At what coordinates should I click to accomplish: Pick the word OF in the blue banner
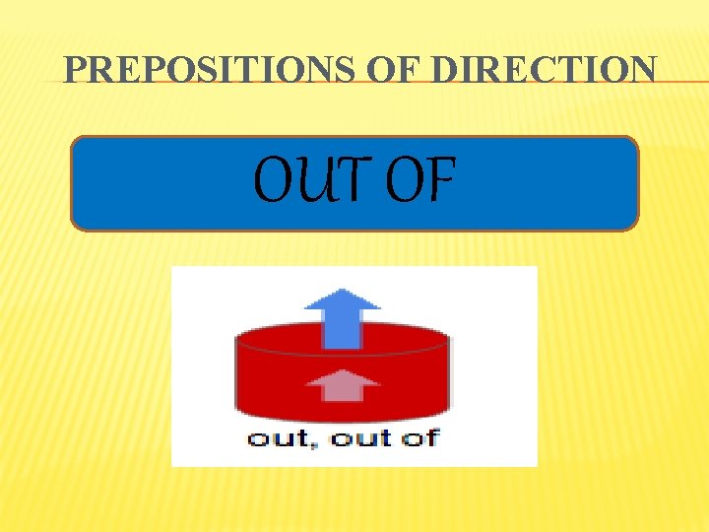[x=419, y=181]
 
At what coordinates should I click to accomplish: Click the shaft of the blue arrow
[x=342, y=328]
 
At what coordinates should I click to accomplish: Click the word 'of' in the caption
[x=420, y=437]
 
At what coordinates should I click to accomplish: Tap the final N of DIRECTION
[x=641, y=70]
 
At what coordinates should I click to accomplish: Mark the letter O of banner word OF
[x=404, y=181]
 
